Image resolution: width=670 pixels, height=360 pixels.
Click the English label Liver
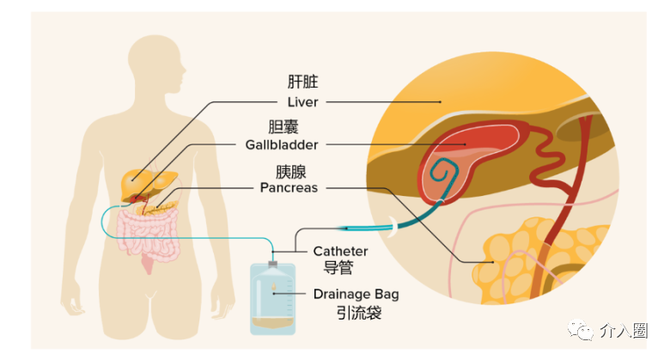click(x=302, y=101)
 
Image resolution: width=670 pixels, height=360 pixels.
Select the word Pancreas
click(x=289, y=186)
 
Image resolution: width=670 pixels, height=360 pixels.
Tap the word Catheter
click(x=340, y=251)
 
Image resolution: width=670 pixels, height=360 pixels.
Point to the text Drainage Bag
click(x=356, y=294)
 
